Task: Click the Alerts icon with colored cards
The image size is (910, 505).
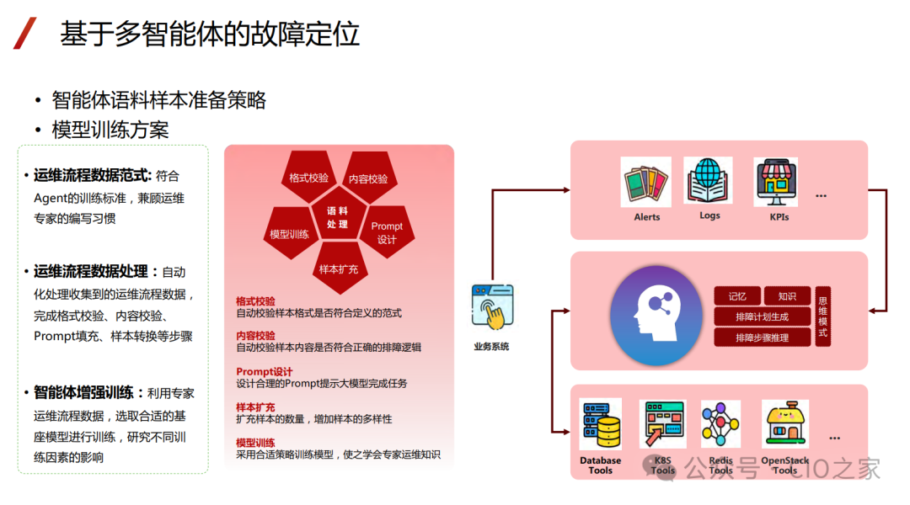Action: (x=646, y=182)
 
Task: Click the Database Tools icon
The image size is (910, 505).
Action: (x=601, y=424)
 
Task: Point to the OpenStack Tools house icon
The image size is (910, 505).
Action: (x=785, y=424)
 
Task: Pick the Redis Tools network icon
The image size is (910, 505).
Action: (x=720, y=424)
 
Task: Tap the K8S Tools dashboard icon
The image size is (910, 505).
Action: (x=663, y=424)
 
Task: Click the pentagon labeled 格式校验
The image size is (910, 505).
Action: (x=308, y=178)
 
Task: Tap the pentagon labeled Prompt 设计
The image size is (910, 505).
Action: (x=387, y=232)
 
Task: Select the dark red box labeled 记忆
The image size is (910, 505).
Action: (x=737, y=296)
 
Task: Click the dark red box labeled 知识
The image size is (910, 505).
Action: (x=787, y=296)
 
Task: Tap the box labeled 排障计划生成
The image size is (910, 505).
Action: (x=763, y=317)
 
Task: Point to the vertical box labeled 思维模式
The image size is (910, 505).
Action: (x=823, y=316)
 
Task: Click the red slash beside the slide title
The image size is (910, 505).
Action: (x=25, y=34)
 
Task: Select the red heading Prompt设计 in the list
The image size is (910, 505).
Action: (x=265, y=372)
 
